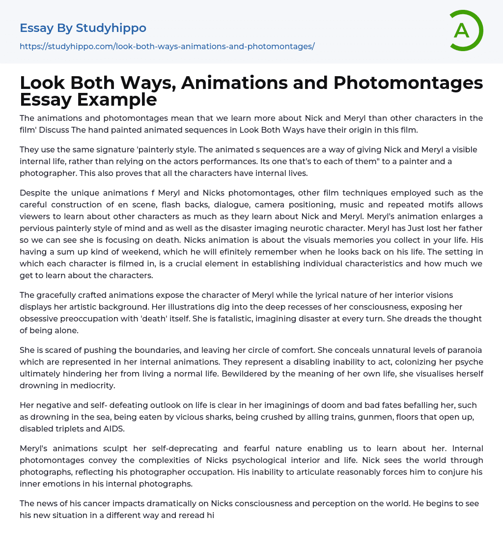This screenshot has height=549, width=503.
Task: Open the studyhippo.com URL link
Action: (x=167, y=46)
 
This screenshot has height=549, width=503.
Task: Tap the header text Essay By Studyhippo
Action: (x=83, y=28)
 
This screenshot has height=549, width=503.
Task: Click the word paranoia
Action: (x=465, y=350)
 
